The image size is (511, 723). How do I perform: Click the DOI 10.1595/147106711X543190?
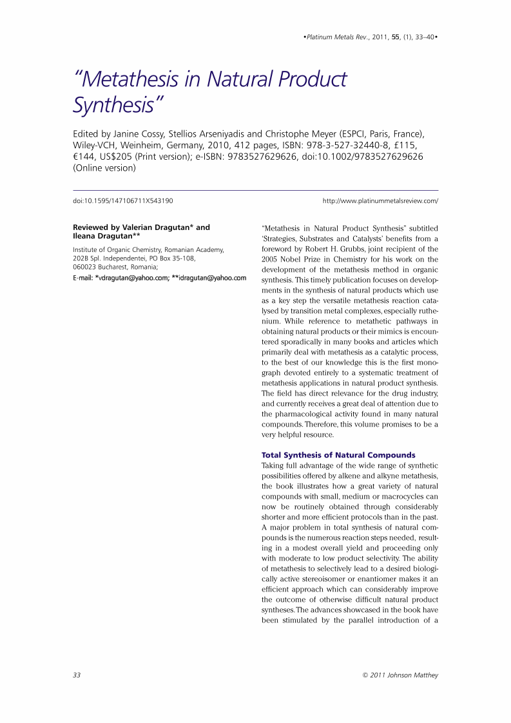point(122,200)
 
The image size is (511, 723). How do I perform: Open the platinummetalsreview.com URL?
point(380,200)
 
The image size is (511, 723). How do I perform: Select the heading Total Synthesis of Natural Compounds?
point(338,455)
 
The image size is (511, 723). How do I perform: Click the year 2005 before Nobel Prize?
point(271,260)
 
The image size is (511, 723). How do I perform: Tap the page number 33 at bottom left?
point(77,675)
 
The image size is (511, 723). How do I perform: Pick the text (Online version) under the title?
point(104,168)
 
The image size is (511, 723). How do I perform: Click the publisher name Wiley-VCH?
point(97,146)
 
